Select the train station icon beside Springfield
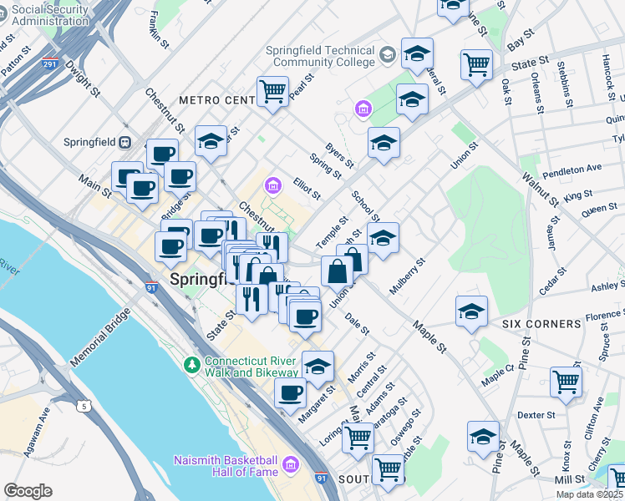click(x=125, y=142)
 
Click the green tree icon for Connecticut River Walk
click(x=192, y=365)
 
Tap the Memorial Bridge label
click(x=100, y=339)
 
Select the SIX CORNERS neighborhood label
click(x=541, y=323)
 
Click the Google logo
click(x=28, y=490)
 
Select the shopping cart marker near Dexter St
click(x=567, y=381)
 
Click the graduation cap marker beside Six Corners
click(x=472, y=311)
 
